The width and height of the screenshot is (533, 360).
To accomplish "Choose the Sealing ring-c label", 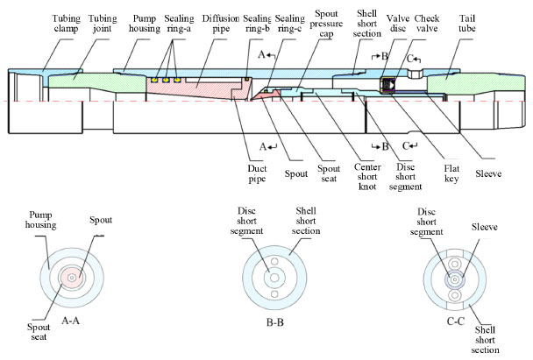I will point(288,23).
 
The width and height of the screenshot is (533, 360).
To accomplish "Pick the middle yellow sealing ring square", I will point(165,80).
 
